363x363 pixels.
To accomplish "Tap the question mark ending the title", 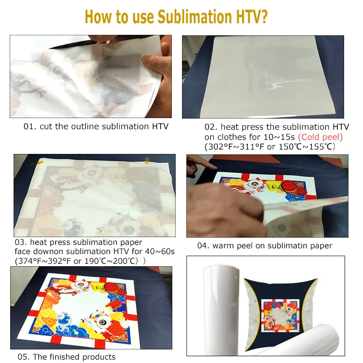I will (x=274, y=16).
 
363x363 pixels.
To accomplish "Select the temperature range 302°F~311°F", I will (x=234, y=147).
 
